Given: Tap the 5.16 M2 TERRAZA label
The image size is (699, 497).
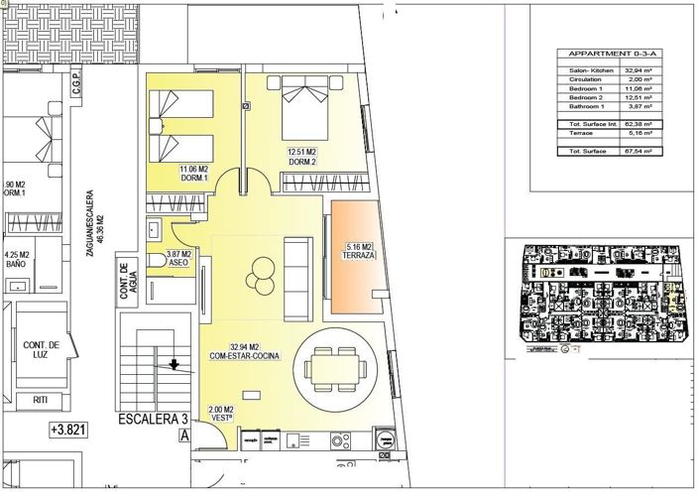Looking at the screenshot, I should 358,250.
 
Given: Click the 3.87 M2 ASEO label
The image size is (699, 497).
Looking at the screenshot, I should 179,259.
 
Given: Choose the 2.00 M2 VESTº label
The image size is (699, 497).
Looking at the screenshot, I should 221,414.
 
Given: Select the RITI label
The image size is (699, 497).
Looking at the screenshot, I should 40,400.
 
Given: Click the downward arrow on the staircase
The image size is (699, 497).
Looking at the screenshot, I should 175,364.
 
